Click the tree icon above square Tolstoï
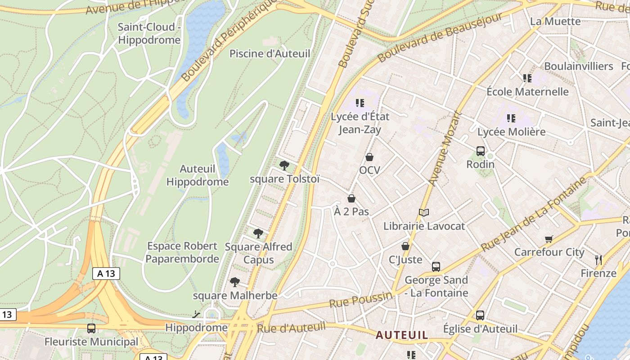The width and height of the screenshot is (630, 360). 284,165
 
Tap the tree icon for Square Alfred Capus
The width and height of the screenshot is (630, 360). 258,233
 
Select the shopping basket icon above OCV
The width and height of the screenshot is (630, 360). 369,157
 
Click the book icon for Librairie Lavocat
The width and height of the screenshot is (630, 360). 424,212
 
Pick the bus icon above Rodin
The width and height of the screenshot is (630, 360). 481,151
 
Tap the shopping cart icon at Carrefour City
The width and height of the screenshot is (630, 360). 549,238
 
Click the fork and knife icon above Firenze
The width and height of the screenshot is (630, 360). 598,260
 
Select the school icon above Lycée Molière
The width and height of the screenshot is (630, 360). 511,118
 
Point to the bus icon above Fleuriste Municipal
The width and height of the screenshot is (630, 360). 91,328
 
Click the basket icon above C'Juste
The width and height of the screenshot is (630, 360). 405,246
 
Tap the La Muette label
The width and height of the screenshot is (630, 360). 555,21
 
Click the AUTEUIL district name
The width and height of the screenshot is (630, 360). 402,335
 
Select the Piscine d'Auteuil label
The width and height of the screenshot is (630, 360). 270,54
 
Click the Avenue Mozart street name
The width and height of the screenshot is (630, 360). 445,148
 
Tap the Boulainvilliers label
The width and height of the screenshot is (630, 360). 579,66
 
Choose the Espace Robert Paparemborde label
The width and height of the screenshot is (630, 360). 182,252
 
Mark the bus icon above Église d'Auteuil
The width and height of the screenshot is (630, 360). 480,315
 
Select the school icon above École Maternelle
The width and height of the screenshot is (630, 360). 527,78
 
